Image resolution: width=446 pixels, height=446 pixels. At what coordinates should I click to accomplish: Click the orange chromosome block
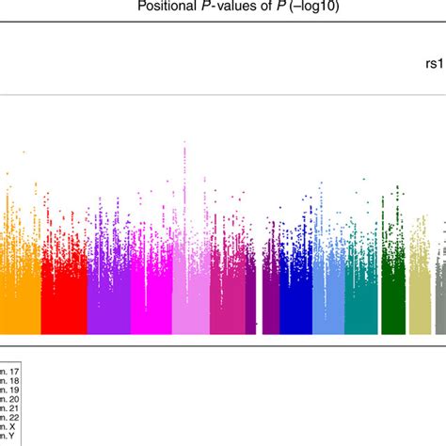tap(20, 301)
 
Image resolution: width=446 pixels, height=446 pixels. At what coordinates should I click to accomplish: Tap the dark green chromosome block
tap(392, 301)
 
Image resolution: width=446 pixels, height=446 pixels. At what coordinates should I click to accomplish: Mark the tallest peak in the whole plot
tap(185, 143)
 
